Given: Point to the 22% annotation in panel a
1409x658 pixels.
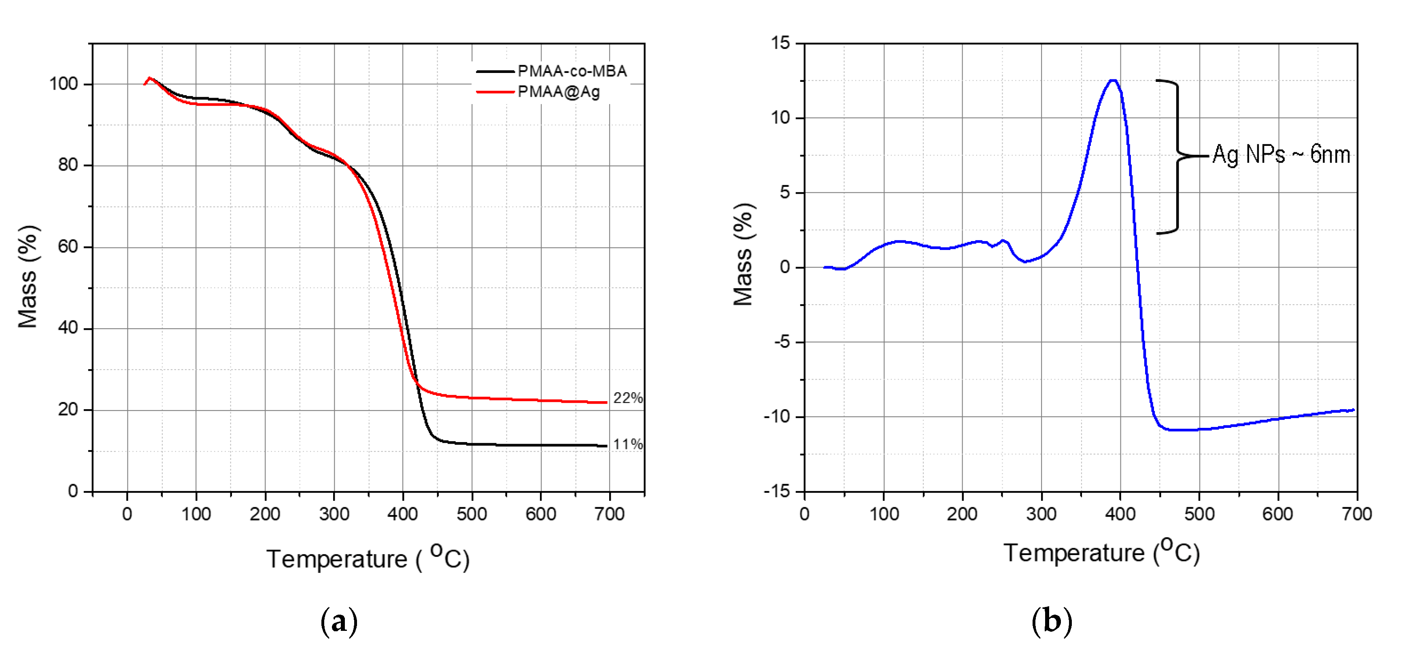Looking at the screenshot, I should (x=627, y=398).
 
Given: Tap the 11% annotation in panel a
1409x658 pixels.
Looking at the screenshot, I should (x=627, y=444).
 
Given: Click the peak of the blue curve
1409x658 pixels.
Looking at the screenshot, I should (x=1113, y=81).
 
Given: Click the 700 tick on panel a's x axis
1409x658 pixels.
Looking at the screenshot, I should (x=609, y=514).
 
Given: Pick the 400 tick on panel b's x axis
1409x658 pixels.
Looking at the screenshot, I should (x=1120, y=514).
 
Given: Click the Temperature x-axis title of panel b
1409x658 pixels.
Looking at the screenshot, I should (x=1101, y=552).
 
